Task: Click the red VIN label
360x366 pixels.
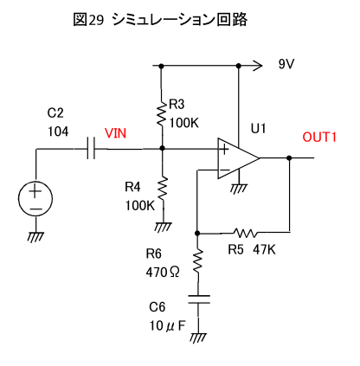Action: click(x=115, y=133)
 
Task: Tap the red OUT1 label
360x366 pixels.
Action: click(x=319, y=137)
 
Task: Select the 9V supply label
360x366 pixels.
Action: click(x=286, y=64)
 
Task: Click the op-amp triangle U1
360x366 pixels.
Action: click(x=238, y=158)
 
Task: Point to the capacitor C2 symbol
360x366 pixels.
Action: click(x=91, y=149)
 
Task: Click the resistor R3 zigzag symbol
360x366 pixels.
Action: click(x=162, y=112)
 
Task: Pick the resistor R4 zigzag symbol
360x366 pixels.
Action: click(x=163, y=190)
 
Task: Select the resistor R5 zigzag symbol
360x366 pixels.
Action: click(x=246, y=233)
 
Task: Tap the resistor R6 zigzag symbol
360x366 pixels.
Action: click(x=198, y=261)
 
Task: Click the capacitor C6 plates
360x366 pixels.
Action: click(x=199, y=299)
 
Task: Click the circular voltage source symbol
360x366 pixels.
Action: click(x=35, y=199)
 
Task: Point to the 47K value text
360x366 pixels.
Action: click(x=264, y=249)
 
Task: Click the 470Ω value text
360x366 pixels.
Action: click(x=163, y=272)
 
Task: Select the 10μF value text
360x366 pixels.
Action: click(x=167, y=325)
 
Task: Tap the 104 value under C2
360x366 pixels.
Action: click(x=58, y=132)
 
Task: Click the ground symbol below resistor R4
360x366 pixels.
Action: click(x=163, y=227)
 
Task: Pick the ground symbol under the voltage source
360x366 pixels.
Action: click(x=35, y=237)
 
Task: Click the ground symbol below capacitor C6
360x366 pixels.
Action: click(x=199, y=337)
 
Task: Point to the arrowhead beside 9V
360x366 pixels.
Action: click(x=257, y=66)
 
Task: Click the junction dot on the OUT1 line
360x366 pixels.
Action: click(x=289, y=157)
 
